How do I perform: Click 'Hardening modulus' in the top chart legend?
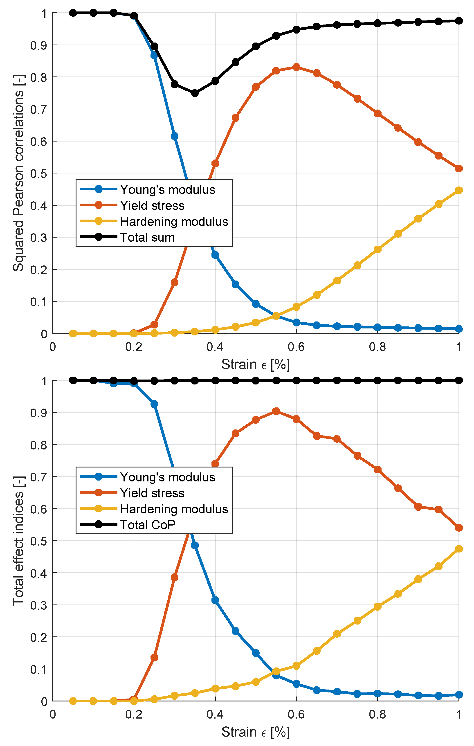pos(174,222)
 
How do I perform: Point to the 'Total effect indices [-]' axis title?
pos(19,541)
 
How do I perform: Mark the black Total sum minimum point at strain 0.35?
pos(195,93)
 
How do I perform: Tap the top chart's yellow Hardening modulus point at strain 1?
pos(459,190)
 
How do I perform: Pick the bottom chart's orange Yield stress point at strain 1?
pos(459,528)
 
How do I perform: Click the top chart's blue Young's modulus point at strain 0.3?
pos(174,136)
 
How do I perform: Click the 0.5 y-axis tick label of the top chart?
pos(39,173)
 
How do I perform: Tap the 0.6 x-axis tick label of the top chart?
pos(296,347)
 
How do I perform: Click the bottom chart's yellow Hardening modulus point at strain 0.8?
pos(377,607)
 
